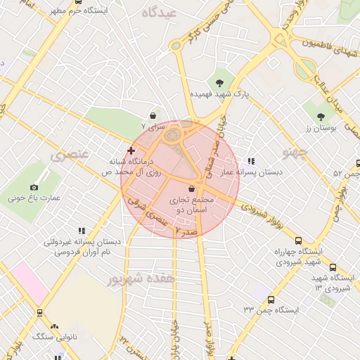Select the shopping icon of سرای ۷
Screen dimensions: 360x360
pyautogui.click(x=153, y=115)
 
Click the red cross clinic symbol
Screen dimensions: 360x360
pyautogui.click(x=131, y=150)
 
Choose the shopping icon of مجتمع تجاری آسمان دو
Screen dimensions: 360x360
pyautogui.click(x=193, y=188)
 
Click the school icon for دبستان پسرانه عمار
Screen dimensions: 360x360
pyautogui.click(x=252, y=161)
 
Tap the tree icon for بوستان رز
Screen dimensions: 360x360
pyautogui.click(x=321, y=117)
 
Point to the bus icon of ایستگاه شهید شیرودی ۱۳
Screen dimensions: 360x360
pyautogui.click(x=333, y=267)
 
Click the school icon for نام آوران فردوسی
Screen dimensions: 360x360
pyautogui.click(x=82, y=230)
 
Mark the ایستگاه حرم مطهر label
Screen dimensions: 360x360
pyautogui.click(x=77, y=11)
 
